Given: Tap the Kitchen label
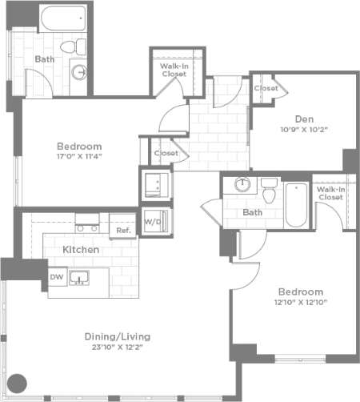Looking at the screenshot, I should tap(81, 250).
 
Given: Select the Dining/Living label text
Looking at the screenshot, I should tap(118, 336).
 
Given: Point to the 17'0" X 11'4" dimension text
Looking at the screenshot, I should tap(78, 157).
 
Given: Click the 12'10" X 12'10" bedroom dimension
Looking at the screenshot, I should tap(300, 302).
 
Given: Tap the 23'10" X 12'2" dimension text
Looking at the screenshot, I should tap(118, 348).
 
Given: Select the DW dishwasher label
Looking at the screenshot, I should tap(56, 277).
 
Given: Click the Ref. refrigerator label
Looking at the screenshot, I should tap(123, 230).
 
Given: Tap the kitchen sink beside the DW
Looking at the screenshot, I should tap(80, 278).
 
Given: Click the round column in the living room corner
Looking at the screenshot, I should tap(17, 383).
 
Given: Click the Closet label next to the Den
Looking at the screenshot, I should tap(266, 88).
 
